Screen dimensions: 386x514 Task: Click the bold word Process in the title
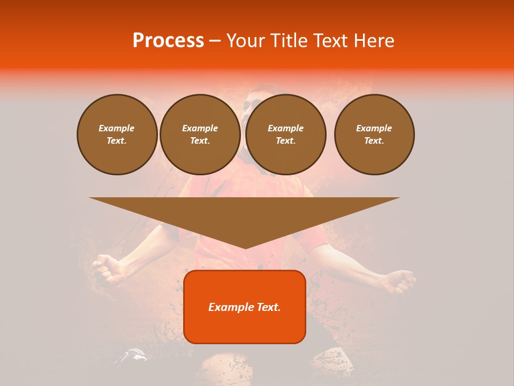[x=168, y=41]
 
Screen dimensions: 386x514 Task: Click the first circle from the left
[x=117, y=135]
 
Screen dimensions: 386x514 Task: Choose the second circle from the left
[x=200, y=135]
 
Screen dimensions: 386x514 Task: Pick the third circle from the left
[x=286, y=135]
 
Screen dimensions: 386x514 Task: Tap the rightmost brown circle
[x=374, y=135]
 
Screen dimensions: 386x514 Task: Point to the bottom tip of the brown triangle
[x=245, y=248]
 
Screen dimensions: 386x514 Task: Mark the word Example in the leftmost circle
[x=117, y=128]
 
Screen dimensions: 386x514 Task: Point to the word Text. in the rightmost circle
[x=374, y=141]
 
